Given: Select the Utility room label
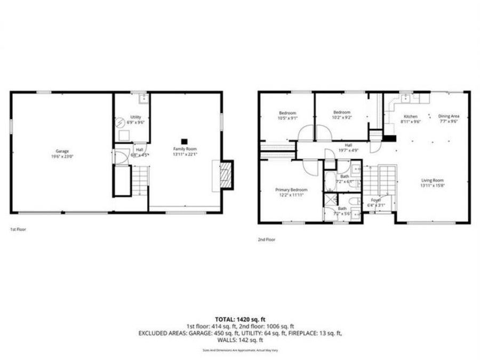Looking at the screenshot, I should (136, 116).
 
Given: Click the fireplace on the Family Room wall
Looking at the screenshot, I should (226, 174).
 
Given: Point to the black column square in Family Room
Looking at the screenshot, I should (184, 135).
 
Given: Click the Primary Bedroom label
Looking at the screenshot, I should (291, 189).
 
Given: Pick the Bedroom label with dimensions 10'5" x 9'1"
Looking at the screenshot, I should (288, 113).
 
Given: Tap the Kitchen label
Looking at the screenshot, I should (410, 116).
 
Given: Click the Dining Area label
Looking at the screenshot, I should (449, 116).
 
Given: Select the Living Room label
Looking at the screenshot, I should (433, 180).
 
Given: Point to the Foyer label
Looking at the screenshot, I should (374, 201).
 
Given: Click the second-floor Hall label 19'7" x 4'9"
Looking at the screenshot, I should (348, 145).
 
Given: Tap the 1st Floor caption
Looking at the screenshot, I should (18, 229).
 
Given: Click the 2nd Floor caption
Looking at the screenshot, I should (267, 239).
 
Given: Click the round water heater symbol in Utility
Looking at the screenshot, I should (121, 121).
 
